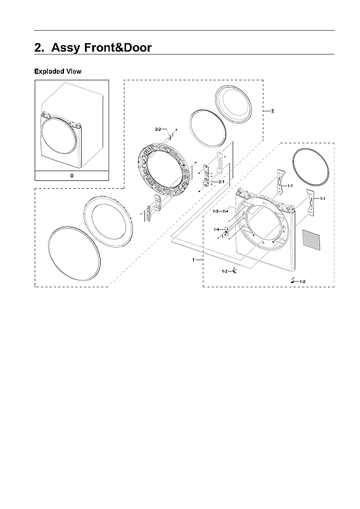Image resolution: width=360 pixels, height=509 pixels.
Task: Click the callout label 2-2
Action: [x=159, y=131]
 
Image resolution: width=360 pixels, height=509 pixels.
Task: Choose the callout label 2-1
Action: [x=221, y=181]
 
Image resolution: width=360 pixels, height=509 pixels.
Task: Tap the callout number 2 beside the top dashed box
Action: [x=272, y=111]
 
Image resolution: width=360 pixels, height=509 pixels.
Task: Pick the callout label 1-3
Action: [x=216, y=212]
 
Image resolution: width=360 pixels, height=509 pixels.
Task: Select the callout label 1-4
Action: [x=216, y=229]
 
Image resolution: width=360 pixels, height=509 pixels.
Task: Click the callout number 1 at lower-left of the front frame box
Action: [x=193, y=260]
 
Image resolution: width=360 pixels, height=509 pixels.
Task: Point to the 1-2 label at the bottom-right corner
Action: [x=302, y=280]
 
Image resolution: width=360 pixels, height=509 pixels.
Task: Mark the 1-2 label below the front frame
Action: [x=224, y=271]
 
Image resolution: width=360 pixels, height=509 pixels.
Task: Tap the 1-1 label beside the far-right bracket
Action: [x=322, y=198]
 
